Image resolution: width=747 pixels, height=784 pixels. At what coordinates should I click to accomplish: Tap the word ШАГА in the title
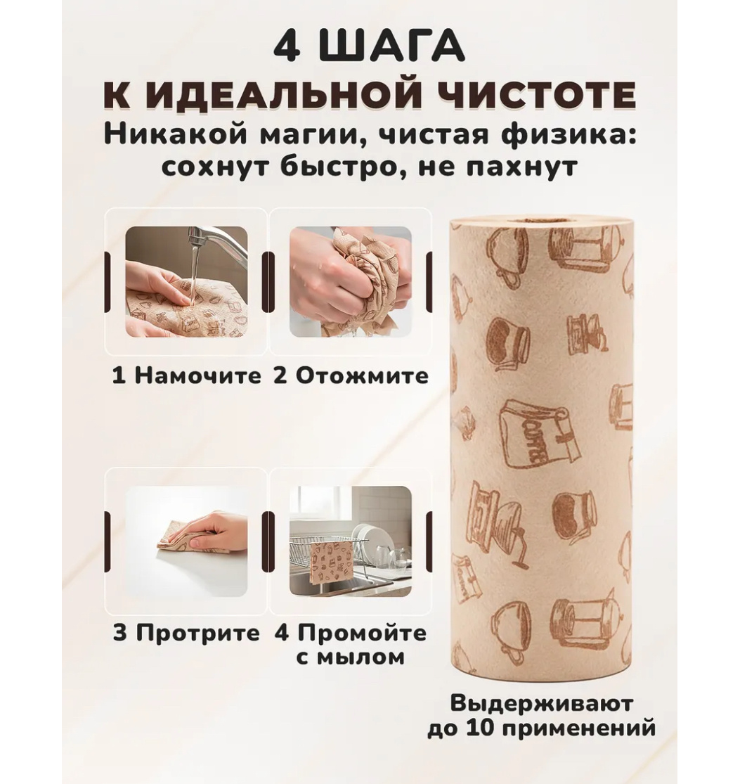pos(394,49)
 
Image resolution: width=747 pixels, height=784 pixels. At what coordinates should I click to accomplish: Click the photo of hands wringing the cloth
pos(351,281)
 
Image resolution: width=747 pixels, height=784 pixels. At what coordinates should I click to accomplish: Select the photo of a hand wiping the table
pos(186,541)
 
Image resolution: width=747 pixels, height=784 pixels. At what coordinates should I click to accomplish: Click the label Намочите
pos(197,375)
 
